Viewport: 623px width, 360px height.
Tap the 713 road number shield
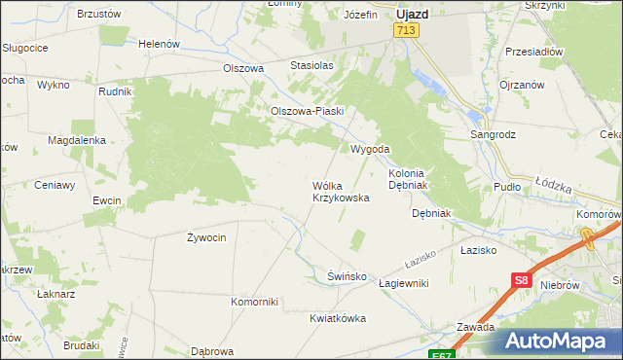click(x=406, y=32)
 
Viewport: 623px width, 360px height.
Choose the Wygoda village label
click(x=370, y=149)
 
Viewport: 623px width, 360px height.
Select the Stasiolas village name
click(x=311, y=65)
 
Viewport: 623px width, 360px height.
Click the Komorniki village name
click(x=255, y=302)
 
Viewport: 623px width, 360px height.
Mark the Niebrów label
click(x=563, y=285)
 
